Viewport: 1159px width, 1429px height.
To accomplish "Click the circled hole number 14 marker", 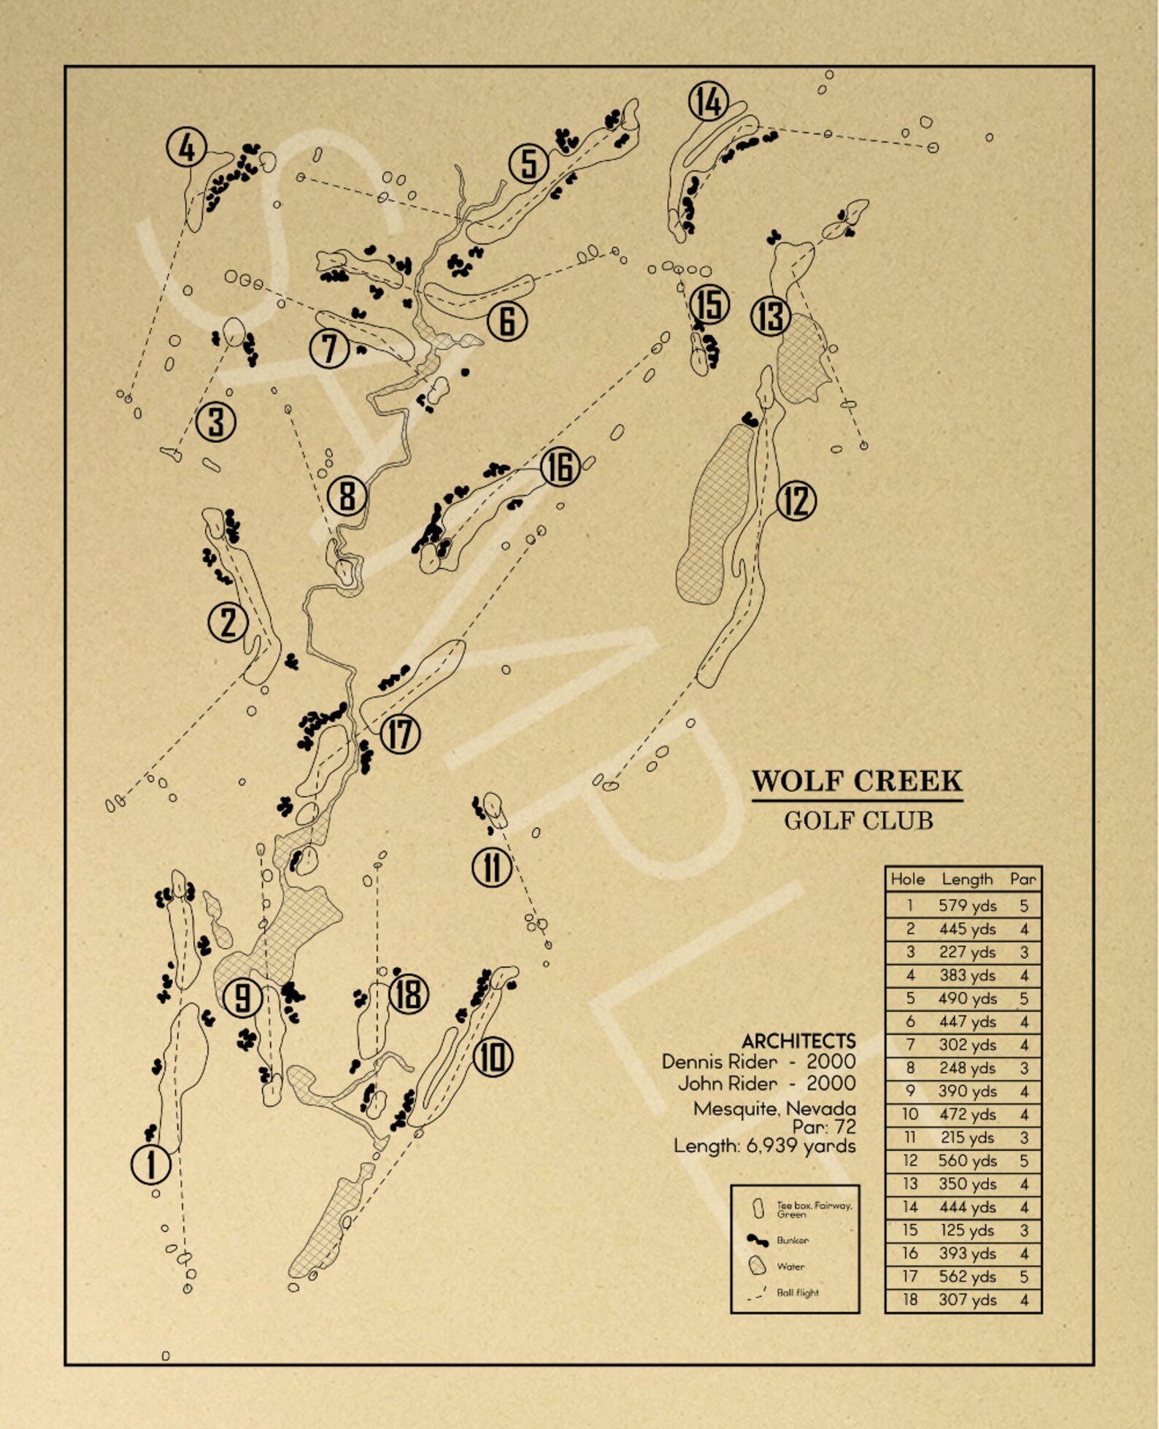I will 709,101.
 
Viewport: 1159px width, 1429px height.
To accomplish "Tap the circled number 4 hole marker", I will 187,148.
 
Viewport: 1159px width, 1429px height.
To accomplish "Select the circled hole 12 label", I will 796,501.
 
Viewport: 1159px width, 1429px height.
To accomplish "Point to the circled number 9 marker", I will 243,998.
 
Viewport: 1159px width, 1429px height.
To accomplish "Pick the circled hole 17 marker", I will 400,733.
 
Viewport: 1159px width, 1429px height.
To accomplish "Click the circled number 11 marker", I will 492,868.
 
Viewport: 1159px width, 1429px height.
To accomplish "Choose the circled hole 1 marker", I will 151,1164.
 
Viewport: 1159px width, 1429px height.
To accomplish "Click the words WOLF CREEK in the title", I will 857,781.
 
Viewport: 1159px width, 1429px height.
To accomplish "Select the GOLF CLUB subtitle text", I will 858,821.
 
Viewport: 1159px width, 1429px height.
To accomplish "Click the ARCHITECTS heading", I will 798,1041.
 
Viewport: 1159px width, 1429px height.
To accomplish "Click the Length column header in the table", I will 967,879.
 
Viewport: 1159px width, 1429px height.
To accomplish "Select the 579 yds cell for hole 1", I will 967,906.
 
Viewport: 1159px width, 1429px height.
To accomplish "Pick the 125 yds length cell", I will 967,1230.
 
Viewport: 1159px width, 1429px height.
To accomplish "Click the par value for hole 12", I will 1024,1161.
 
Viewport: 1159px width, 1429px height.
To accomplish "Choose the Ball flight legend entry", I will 797,1293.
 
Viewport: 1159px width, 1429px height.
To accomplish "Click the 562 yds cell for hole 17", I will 967,1276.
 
